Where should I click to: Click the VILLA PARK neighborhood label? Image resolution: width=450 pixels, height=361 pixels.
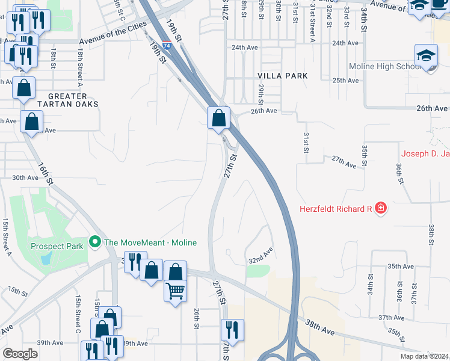click(282, 76)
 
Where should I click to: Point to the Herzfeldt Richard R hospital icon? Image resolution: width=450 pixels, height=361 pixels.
click(380, 209)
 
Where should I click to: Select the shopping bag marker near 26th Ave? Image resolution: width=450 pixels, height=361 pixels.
click(219, 117)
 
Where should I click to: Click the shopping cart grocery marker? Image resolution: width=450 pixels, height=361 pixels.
click(175, 292)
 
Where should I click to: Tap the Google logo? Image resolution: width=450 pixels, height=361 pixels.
click(20, 354)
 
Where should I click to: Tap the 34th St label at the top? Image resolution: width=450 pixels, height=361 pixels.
click(364, 20)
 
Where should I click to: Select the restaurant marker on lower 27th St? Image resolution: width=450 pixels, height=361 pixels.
click(231, 330)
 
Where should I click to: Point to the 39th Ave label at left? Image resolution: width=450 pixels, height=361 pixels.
click(49, 343)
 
